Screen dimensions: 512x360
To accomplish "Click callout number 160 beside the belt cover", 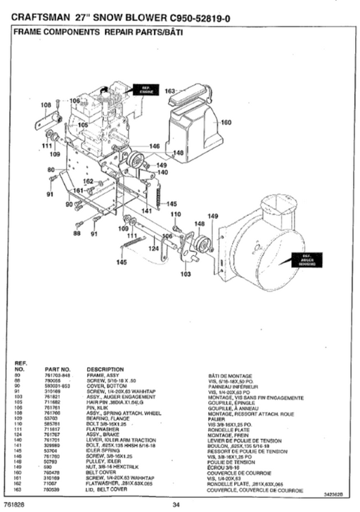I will (226, 122).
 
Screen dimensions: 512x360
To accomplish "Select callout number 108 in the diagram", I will (46, 105).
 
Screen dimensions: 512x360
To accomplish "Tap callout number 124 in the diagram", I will (153, 247).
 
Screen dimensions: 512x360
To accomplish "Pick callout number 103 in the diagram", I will (186, 274).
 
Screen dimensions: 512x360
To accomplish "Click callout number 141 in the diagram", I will (146, 210).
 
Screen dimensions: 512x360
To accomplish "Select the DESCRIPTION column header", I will (105, 368).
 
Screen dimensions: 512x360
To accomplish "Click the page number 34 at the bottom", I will (176, 504).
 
